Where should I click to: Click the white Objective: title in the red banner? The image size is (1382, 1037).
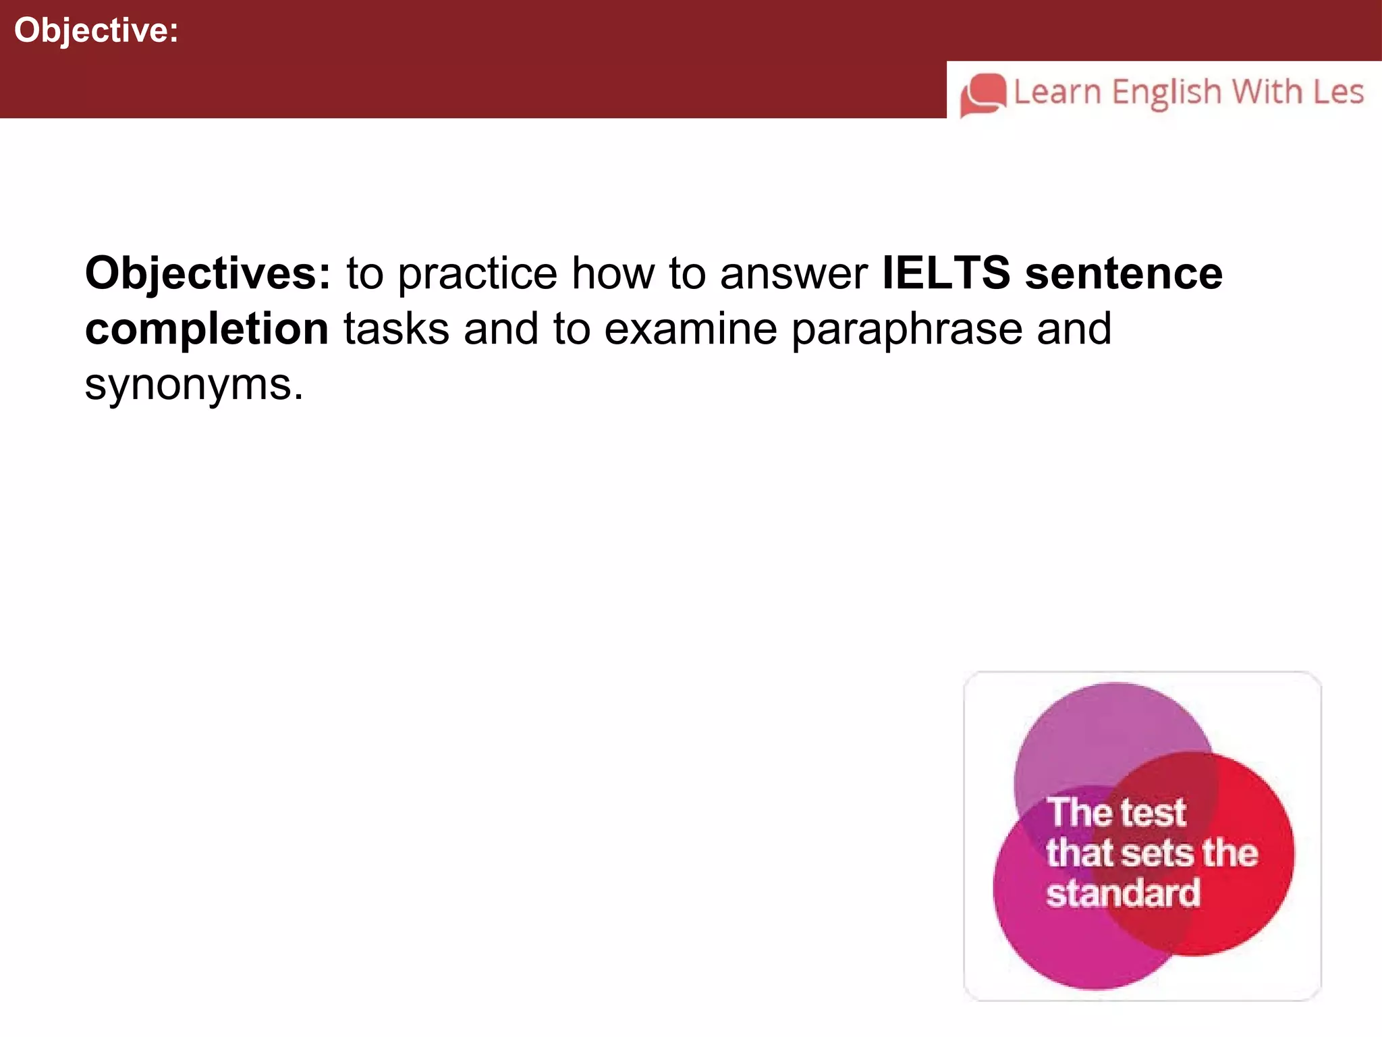[x=96, y=31]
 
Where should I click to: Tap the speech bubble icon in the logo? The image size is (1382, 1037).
[x=983, y=95]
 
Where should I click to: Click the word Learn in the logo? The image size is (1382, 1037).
[x=1057, y=92]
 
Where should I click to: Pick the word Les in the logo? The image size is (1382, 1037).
[x=1339, y=92]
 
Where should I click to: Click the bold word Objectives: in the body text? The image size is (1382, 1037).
[x=208, y=273]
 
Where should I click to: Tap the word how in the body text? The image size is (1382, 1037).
[x=613, y=273]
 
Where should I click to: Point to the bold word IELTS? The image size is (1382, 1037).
[x=946, y=273]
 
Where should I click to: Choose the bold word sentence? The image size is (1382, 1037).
[x=1124, y=273]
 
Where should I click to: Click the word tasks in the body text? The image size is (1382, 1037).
[x=396, y=329]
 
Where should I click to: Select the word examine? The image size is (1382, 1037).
[x=690, y=329]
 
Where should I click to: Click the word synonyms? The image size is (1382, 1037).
[x=194, y=385]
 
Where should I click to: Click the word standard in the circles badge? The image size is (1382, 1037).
[x=1124, y=893]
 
